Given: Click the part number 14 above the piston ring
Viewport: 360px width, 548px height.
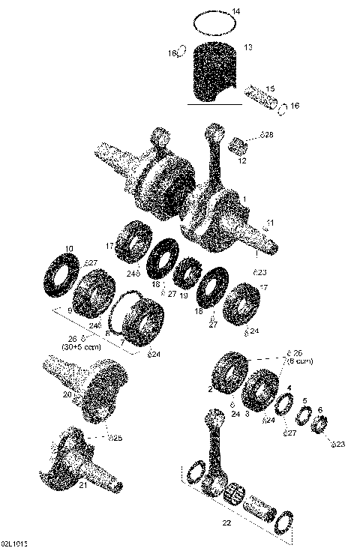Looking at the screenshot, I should (235, 11).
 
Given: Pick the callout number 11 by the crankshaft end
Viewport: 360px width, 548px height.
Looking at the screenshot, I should (270, 223).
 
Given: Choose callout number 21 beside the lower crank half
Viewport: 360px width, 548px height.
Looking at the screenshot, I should (84, 486).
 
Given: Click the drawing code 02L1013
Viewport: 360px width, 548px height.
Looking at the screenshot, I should (19, 541).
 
